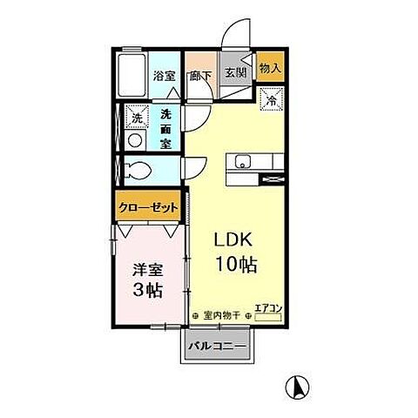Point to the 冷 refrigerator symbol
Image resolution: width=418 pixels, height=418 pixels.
[271, 99]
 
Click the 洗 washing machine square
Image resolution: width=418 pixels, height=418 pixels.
[136, 116]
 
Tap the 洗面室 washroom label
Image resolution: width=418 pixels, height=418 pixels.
[165, 125]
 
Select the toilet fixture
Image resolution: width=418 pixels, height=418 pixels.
[138, 169]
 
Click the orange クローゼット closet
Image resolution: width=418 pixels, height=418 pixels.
[150, 208]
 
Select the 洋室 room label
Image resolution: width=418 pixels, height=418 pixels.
[146, 271]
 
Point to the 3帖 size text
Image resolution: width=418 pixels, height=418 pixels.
[146, 292]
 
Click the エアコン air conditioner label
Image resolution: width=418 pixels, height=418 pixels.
[266, 307]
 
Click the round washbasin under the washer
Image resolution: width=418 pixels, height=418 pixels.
[135, 139]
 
